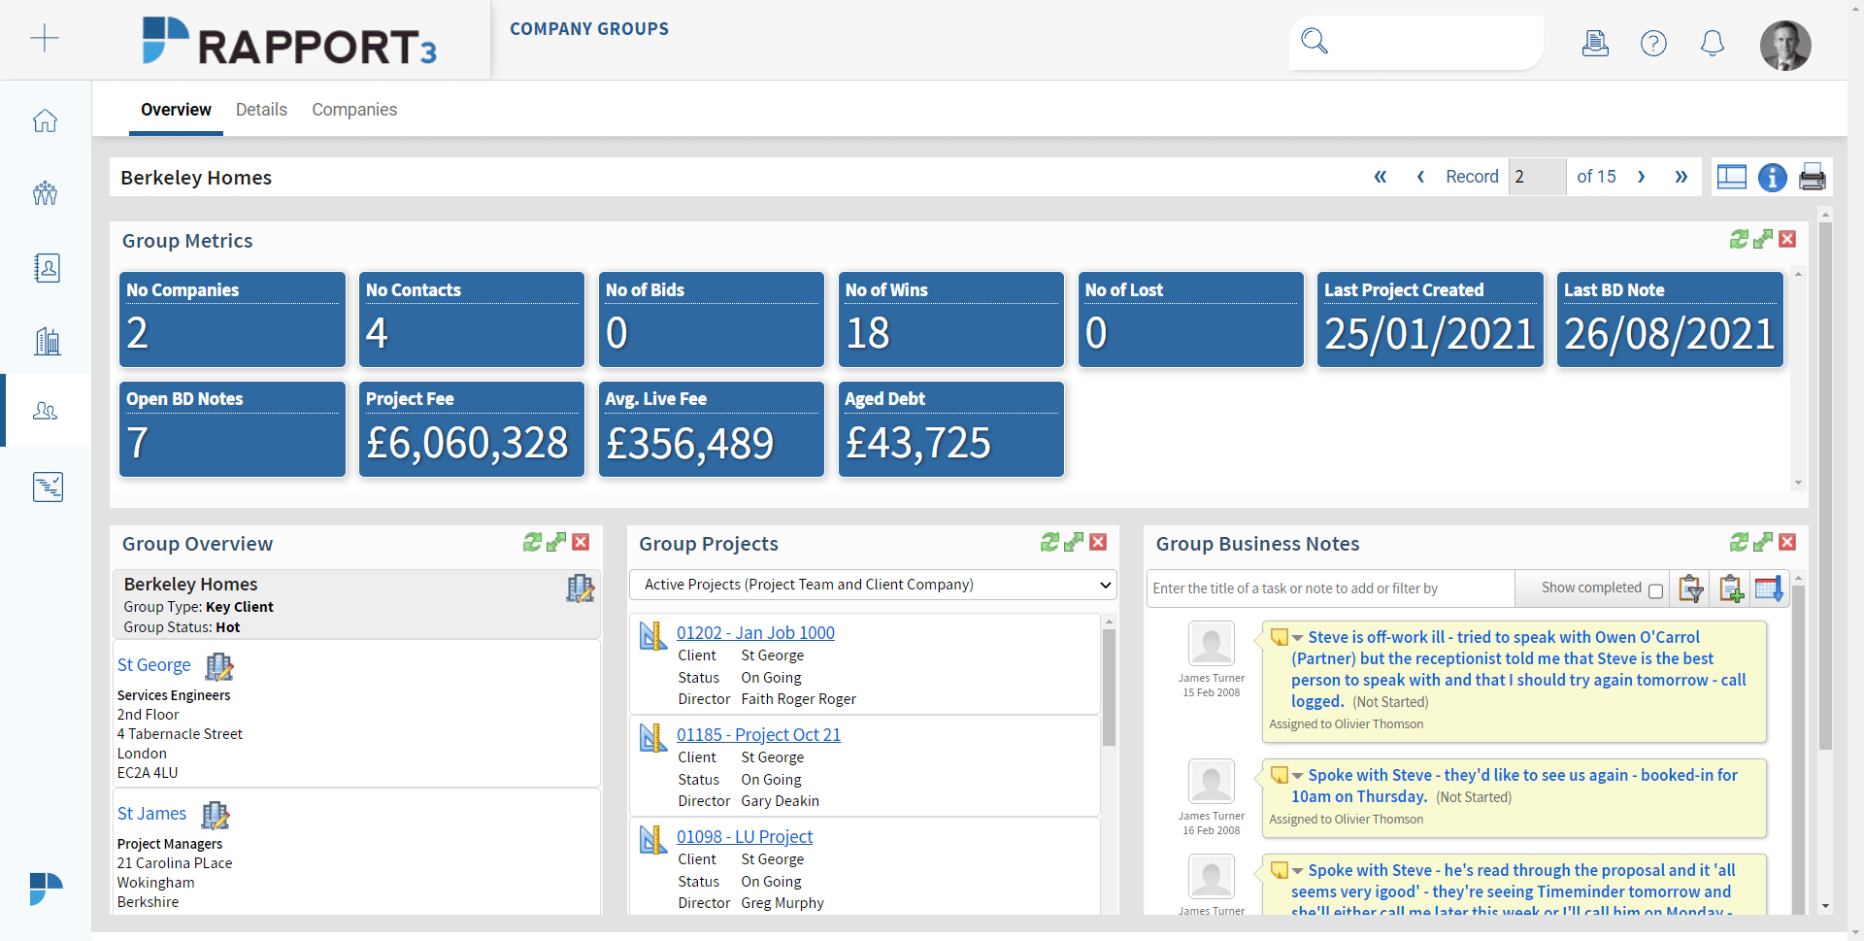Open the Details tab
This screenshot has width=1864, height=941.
261,110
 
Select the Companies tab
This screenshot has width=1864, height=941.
354,110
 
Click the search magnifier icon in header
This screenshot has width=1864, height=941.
1315,41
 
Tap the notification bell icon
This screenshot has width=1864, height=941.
1713,43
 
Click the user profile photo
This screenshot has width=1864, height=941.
1785,45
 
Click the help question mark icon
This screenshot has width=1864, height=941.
1653,43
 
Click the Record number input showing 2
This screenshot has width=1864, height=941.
1537,177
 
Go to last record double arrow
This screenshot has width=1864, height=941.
1681,177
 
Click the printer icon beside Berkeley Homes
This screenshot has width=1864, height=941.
1813,178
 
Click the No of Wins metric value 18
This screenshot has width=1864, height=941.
868,334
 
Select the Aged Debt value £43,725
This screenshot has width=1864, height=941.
918,444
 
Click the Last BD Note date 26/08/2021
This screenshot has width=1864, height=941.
1670,334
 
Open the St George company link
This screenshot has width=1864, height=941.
153,665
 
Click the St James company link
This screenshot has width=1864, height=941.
151,814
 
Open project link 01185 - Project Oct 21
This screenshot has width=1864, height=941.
758,735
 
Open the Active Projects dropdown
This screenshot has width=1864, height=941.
873,585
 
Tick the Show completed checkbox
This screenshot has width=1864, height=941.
1655,590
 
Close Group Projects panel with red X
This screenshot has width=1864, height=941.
1098,542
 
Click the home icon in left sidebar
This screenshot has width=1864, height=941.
45,120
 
